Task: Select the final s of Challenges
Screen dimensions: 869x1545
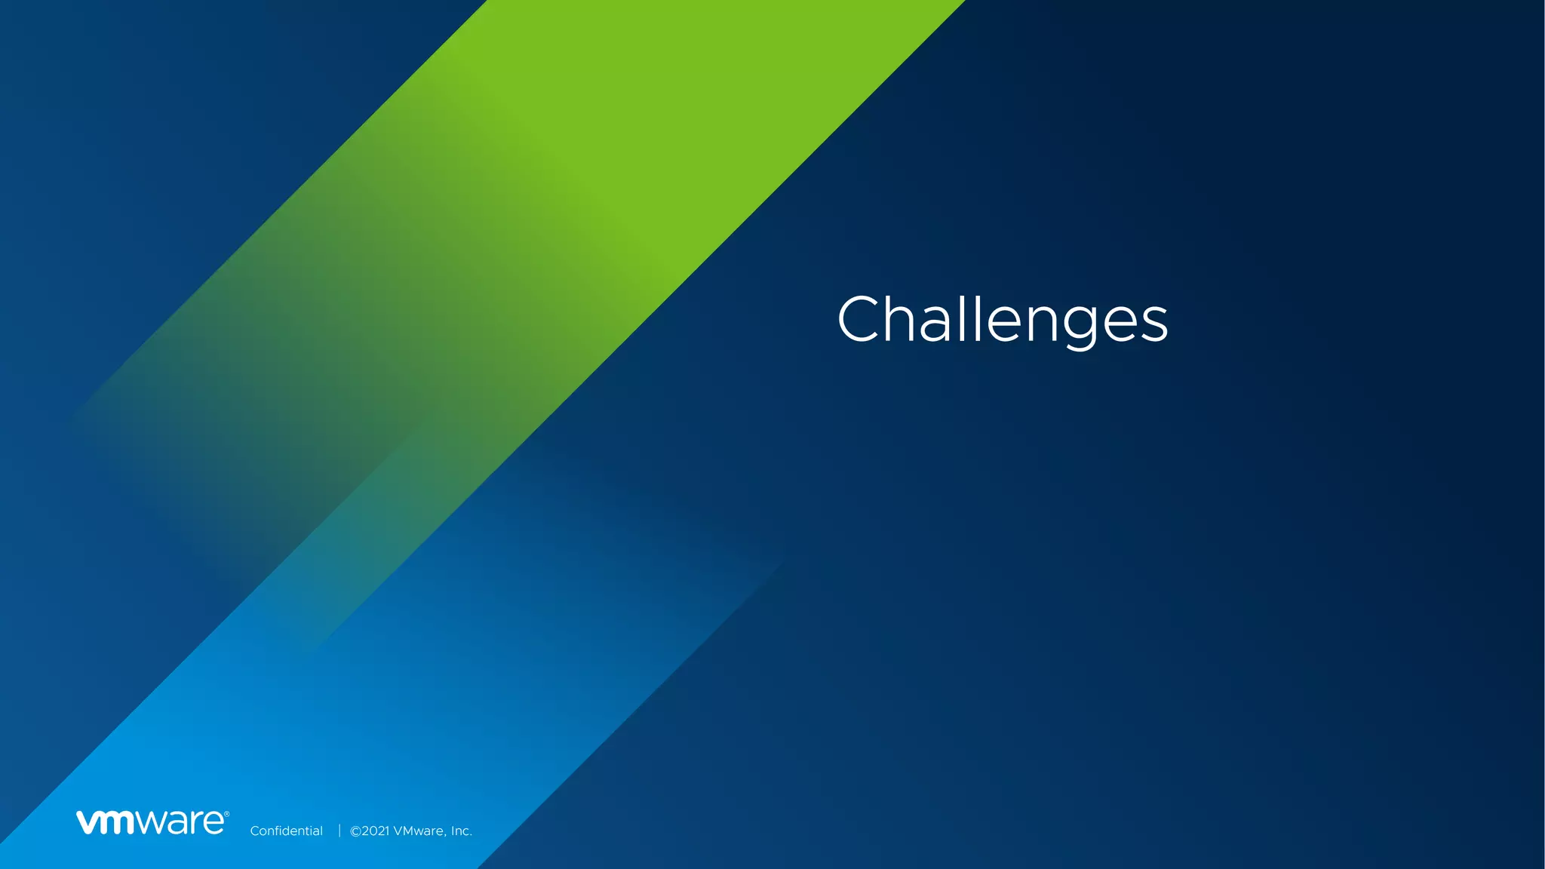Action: click(x=1153, y=325)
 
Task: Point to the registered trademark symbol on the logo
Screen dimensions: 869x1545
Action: click(x=226, y=814)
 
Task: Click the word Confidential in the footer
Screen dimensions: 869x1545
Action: click(x=286, y=831)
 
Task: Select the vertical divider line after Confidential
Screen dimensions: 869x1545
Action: click(x=339, y=831)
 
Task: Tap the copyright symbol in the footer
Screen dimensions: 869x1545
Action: click(x=355, y=831)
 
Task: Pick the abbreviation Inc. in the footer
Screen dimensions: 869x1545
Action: click(x=461, y=831)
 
